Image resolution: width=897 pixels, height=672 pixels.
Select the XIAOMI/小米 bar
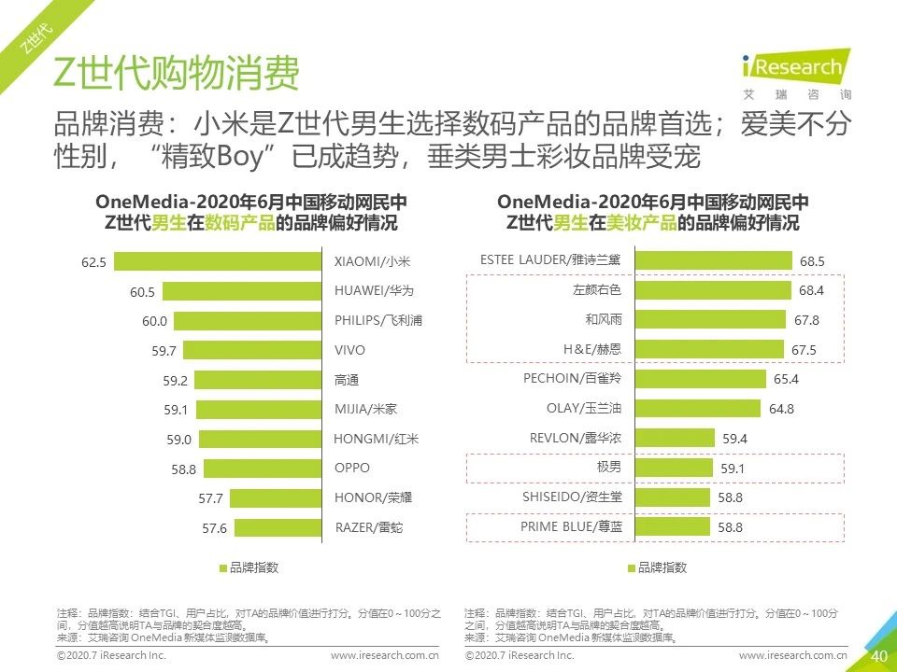coord(217,262)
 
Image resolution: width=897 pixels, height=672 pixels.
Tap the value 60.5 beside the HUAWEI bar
coord(142,292)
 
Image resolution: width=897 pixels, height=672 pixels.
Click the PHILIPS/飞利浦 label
coord(378,321)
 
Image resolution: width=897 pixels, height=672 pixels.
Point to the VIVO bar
coord(252,350)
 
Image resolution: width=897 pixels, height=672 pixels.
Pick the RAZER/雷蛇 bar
coord(278,527)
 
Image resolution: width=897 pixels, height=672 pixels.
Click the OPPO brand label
coord(352,468)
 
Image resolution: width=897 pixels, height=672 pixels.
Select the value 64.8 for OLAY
coord(782,409)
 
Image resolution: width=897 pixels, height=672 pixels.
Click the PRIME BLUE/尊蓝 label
coord(570,526)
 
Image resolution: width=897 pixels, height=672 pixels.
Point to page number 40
coord(878,656)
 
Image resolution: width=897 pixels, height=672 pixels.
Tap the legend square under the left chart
coord(222,567)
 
